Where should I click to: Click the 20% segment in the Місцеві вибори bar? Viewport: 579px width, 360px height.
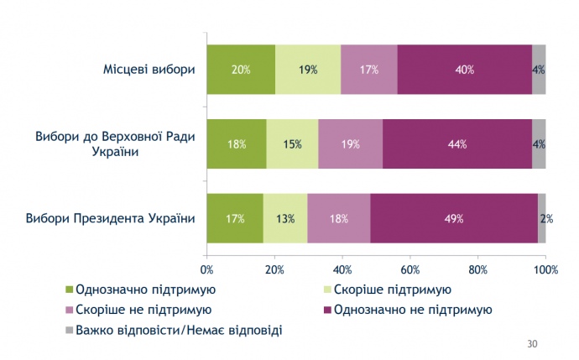click(x=241, y=70)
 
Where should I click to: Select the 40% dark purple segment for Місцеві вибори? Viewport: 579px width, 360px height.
click(x=464, y=70)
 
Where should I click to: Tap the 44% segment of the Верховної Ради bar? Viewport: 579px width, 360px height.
click(x=457, y=144)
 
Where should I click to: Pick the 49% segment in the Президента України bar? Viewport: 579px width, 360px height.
click(x=453, y=219)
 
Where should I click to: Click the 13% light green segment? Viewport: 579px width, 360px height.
click(x=285, y=219)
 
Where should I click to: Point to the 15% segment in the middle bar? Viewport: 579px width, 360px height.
click(x=292, y=144)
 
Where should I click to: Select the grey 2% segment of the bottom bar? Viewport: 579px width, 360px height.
click(x=542, y=219)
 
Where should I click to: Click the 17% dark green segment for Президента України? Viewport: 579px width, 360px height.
click(x=235, y=219)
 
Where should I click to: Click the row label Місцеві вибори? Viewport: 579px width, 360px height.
click(x=147, y=69)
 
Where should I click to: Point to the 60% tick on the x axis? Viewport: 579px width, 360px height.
click(x=410, y=269)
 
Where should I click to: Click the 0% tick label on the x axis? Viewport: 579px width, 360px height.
click(x=207, y=269)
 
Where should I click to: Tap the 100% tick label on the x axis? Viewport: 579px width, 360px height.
click(x=545, y=269)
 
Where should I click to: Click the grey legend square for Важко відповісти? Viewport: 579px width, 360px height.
click(x=70, y=330)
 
